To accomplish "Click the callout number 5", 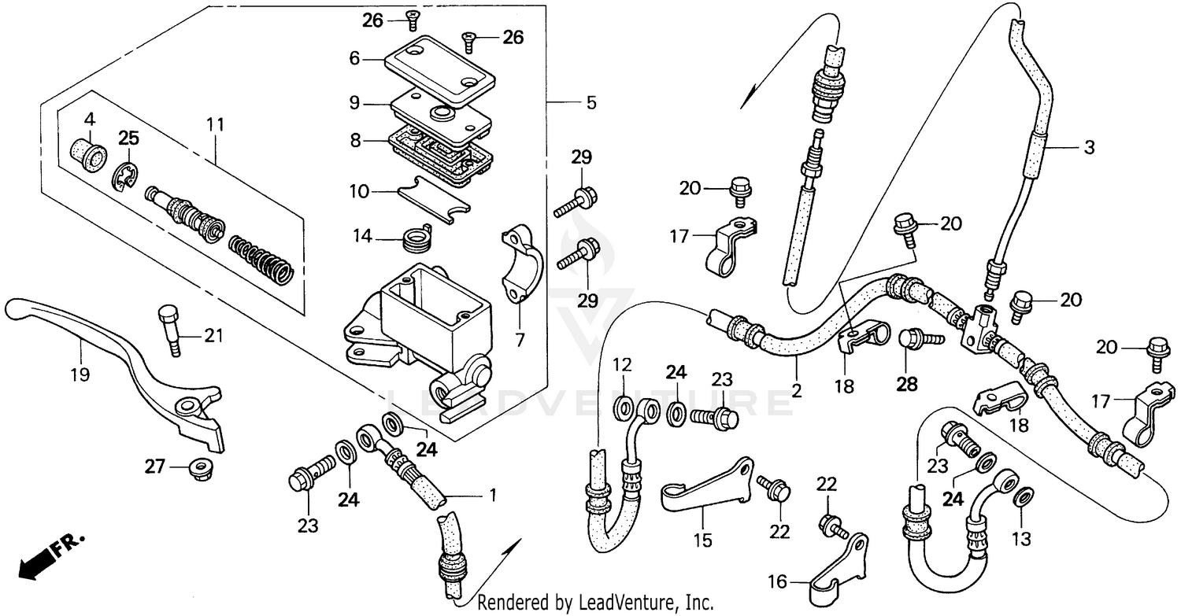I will [x=590, y=103].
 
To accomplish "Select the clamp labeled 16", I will [x=835, y=565].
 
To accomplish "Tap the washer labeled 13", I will [x=1021, y=497].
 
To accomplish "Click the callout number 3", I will [x=1089, y=147].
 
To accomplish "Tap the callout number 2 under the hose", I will [x=796, y=389].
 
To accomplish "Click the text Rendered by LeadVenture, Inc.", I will [x=596, y=603].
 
